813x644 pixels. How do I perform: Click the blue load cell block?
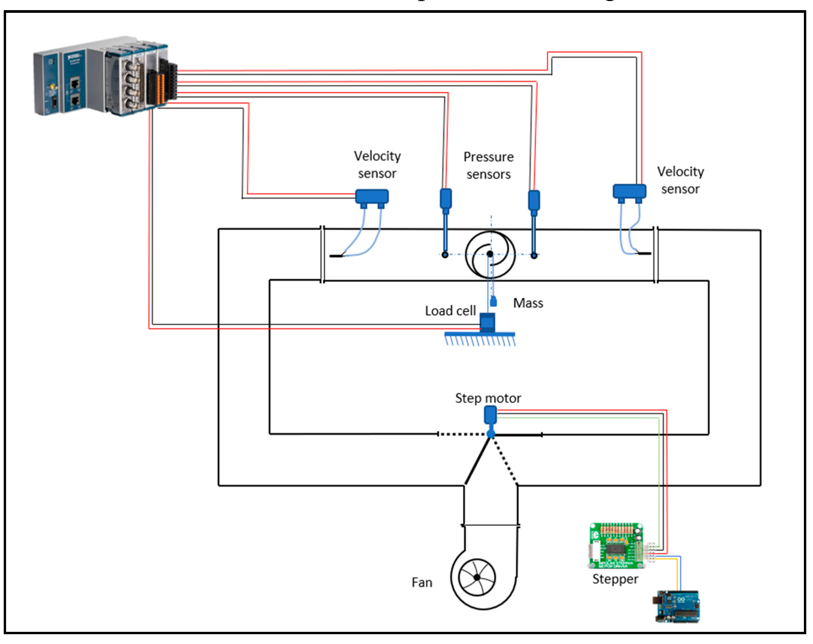487,323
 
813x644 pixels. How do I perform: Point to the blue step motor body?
490,414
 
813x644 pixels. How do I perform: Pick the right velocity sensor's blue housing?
629,191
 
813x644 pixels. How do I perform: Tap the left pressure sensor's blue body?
446,198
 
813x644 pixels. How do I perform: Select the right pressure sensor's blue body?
534,200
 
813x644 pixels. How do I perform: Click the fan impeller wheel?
477,577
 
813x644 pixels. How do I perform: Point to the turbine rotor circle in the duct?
490,254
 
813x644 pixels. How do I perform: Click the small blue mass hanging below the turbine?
493,302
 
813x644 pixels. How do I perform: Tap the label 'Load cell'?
450,311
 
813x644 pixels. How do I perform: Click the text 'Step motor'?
488,398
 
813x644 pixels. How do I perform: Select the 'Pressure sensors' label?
488,165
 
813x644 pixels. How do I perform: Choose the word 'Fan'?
422,583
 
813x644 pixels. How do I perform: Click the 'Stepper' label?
615,579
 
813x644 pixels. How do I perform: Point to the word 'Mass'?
528,303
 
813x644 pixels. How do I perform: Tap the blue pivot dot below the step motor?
490,434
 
